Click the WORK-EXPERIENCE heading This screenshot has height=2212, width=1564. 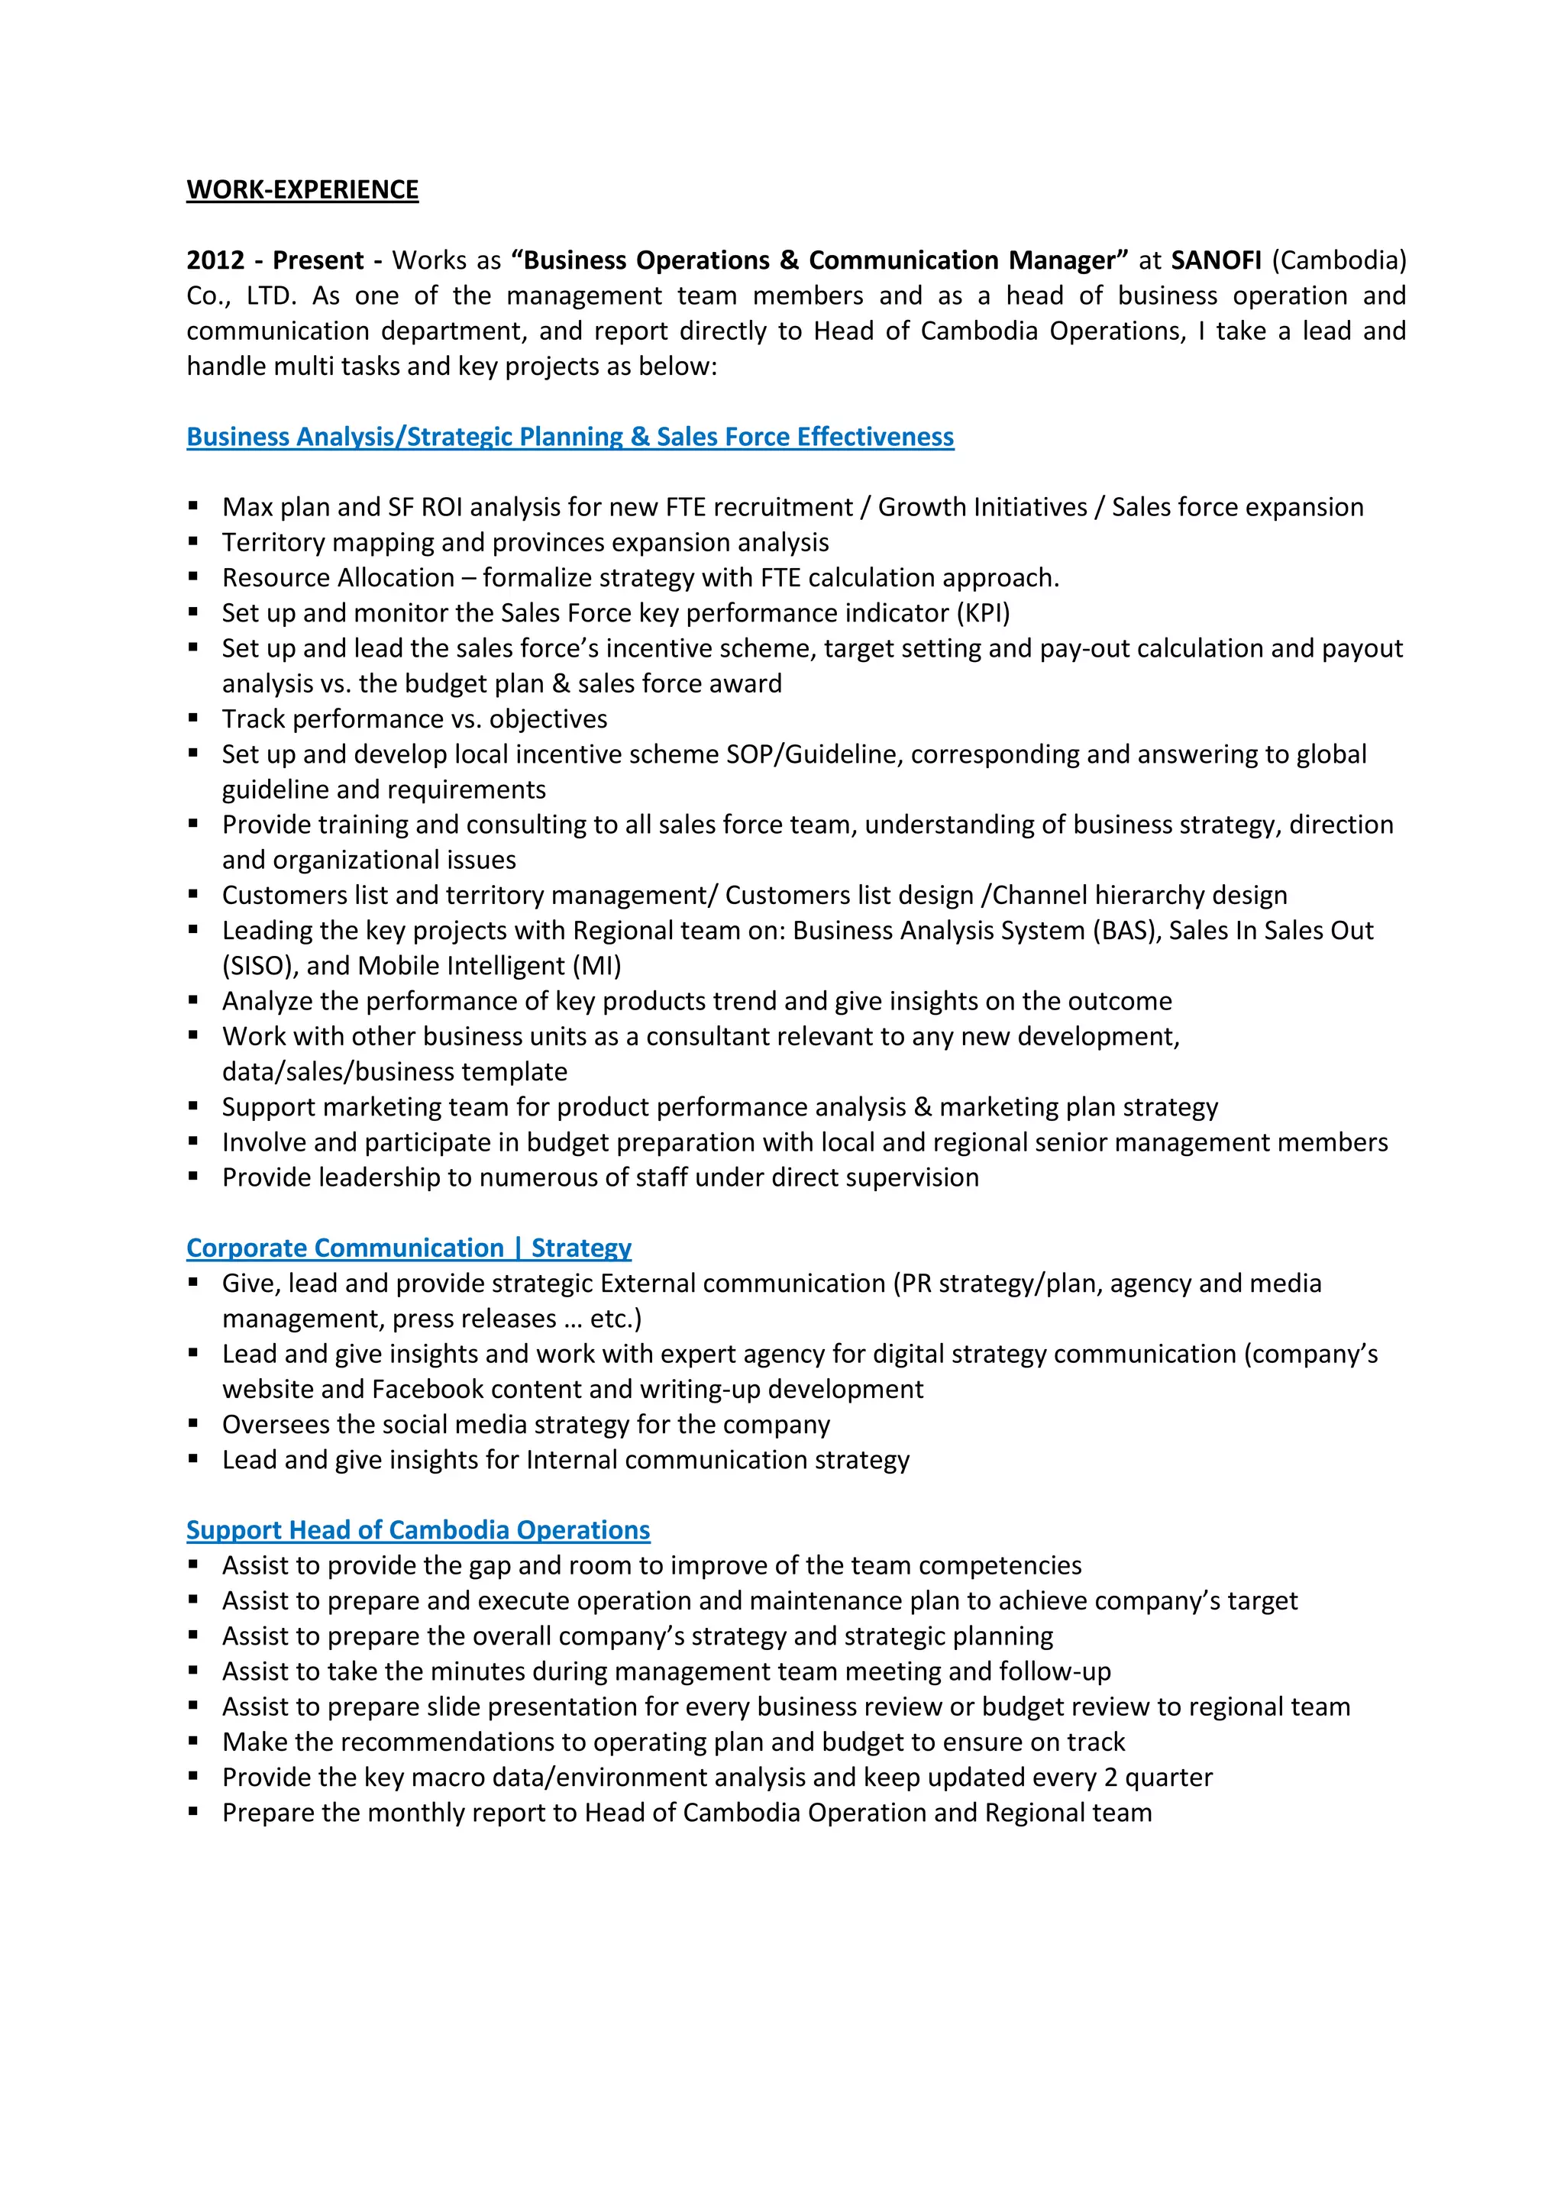pos(302,190)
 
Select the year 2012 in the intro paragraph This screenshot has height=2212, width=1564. pos(215,260)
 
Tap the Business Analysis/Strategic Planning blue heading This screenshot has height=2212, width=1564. pos(570,438)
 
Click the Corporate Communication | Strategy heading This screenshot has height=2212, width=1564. pos(409,1248)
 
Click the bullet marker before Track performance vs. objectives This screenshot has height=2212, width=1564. pos(194,718)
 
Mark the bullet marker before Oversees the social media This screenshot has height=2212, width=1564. pos(194,1423)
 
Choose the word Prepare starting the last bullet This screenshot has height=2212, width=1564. pos(269,1813)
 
